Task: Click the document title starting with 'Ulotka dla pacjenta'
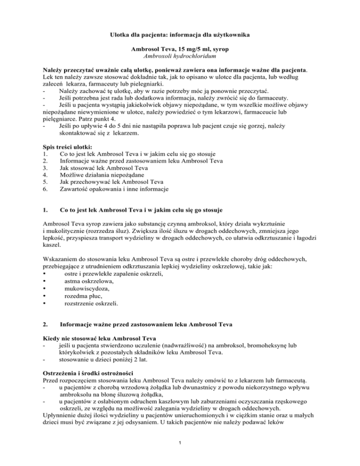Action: tap(180, 35)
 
